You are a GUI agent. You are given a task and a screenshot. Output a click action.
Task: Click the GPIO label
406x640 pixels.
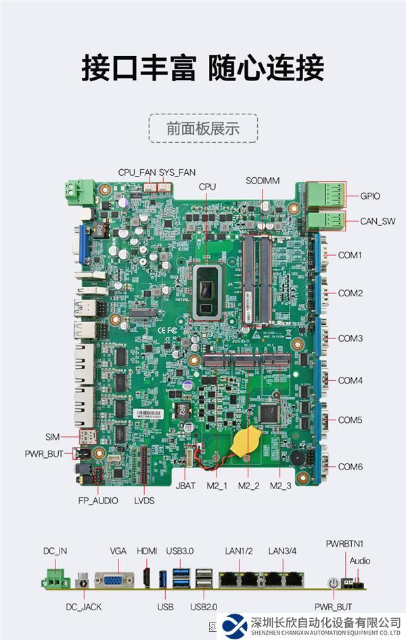tap(369, 196)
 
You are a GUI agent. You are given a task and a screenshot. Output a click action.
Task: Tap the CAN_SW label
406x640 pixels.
tap(378, 221)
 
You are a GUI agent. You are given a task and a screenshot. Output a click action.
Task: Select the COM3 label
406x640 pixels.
tap(351, 338)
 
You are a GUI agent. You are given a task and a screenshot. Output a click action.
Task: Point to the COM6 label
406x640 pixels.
tap(351, 467)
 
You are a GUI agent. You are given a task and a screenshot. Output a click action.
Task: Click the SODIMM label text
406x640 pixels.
tap(263, 181)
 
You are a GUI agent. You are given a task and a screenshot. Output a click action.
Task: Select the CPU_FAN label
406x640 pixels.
tap(137, 173)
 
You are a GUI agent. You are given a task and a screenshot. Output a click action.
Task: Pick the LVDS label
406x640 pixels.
tap(144, 501)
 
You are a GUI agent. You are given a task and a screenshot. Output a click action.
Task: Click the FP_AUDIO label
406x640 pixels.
tap(97, 501)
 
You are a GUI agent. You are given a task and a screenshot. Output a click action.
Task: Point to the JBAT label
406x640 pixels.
tap(185, 486)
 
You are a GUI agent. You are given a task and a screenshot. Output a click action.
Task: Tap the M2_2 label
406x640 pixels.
tap(248, 486)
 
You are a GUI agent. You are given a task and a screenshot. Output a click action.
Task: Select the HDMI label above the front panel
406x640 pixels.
tap(147, 551)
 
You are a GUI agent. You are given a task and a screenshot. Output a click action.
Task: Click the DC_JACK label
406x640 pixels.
tap(84, 607)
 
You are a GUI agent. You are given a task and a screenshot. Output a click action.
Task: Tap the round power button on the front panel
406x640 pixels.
tap(332, 582)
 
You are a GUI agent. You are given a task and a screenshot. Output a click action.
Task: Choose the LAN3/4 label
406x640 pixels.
tap(282, 551)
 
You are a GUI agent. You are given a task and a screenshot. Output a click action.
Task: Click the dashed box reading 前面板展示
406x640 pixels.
tap(203, 129)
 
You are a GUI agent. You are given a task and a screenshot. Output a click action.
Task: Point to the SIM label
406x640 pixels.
tap(53, 436)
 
